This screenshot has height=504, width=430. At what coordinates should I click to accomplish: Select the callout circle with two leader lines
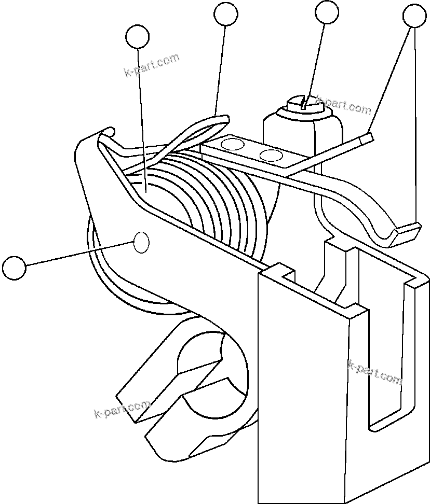(x=414, y=16)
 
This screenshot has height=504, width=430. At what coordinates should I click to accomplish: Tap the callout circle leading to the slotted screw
(x=327, y=12)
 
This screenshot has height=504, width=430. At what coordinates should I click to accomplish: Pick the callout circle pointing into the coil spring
(x=138, y=37)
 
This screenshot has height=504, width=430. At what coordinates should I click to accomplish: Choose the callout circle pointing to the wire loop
(x=226, y=15)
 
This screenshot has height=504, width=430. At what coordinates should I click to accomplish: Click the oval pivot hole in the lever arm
(x=141, y=242)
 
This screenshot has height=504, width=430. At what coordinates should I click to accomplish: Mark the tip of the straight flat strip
(x=366, y=137)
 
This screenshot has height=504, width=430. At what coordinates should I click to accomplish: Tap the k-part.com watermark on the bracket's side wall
(x=375, y=373)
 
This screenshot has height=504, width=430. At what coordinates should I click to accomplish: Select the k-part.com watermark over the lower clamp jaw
(x=122, y=409)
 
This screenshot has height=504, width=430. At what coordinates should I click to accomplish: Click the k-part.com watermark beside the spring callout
(x=151, y=65)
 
